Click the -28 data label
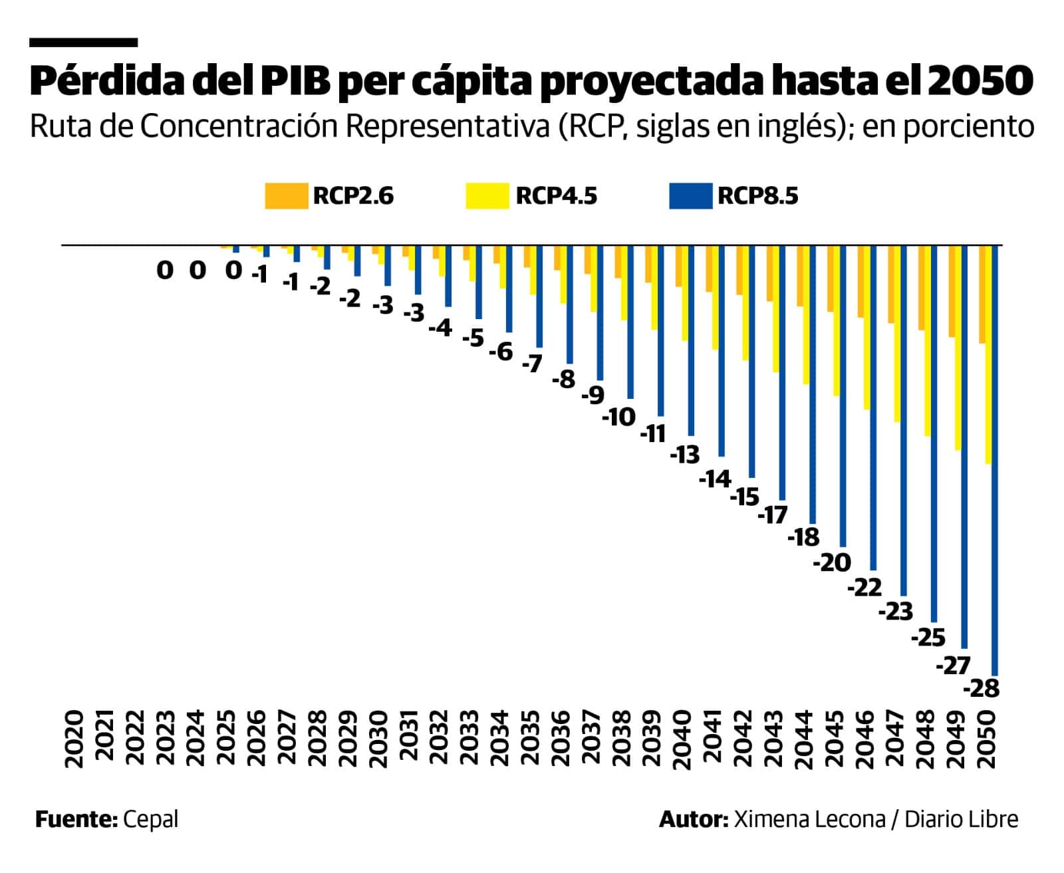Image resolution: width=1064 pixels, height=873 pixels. [x=982, y=688]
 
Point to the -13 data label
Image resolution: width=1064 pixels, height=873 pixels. [x=685, y=455]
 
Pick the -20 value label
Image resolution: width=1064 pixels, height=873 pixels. [x=832, y=563]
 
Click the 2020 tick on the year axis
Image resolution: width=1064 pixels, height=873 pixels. [x=75, y=739]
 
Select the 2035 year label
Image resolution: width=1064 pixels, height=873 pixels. [x=530, y=739]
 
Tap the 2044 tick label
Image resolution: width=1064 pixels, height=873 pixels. [x=803, y=739]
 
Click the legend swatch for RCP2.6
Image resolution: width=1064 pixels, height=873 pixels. [x=286, y=196]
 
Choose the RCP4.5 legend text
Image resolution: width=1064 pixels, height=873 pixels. [x=556, y=196]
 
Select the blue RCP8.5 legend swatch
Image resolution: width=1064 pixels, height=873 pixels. [x=690, y=196]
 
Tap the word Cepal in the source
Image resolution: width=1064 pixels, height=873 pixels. [x=150, y=818]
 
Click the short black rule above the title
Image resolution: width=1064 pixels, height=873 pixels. [x=83, y=43]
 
